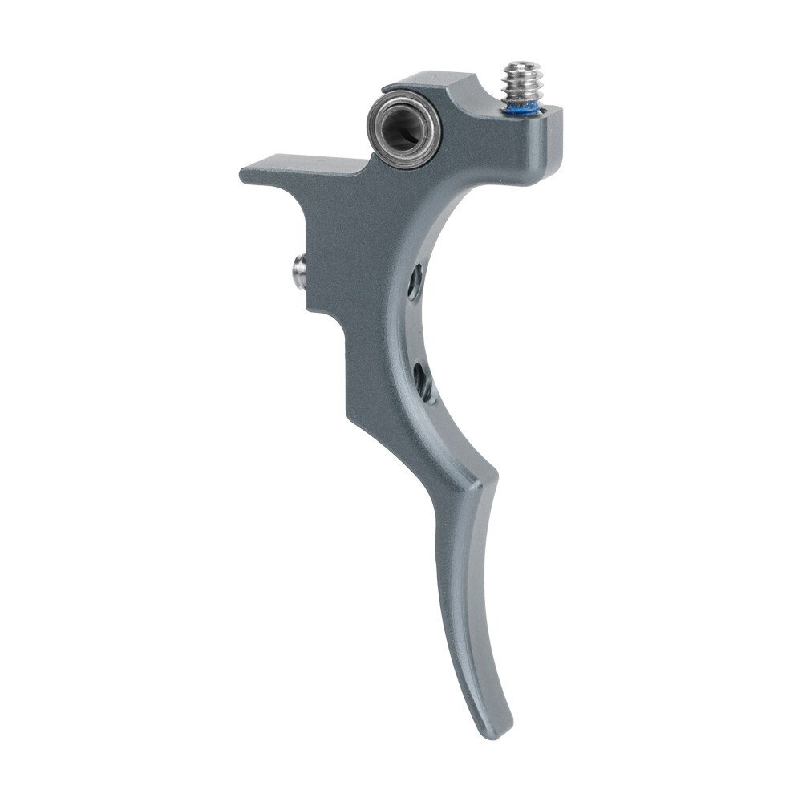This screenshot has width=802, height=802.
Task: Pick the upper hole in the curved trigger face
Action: (415, 282)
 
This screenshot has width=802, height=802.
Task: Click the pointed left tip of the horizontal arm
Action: (243, 173)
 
